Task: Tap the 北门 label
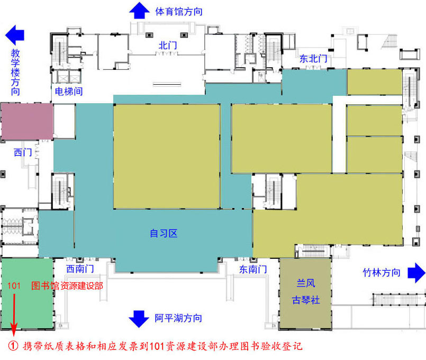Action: click(x=167, y=46)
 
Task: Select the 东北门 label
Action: click(x=313, y=59)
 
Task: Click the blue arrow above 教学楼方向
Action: click(x=15, y=35)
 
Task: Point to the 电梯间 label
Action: click(x=69, y=91)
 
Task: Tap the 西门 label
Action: click(x=23, y=152)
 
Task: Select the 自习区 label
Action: click(x=164, y=233)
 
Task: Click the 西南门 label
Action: click(x=80, y=269)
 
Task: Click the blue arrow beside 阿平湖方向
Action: click(x=139, y=318)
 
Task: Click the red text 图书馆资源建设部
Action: click(x=67, y=286)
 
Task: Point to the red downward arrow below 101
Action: click(x=14, y=312)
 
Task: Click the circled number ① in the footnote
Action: click(x=14, y=347)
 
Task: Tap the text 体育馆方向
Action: click(x=178, y=11)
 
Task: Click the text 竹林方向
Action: click(x=381, y=273)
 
